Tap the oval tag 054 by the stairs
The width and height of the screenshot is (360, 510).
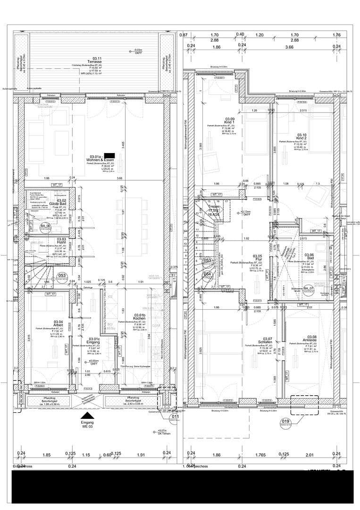[207, 274]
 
